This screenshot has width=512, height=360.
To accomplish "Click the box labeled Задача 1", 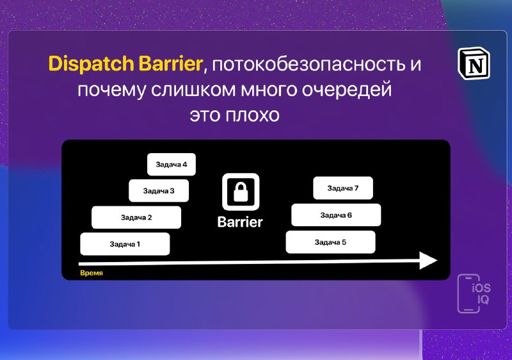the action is [x=125, y=243].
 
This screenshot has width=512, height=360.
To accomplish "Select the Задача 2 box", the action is [x=136, y=217].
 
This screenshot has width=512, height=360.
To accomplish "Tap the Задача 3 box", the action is [x=159, y=190].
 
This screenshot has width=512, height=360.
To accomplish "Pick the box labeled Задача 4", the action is [x=172, y=165].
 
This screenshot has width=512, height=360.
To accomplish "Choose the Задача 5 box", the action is [x=330, y=242].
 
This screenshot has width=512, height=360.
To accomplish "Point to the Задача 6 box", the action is [x=336, y=215].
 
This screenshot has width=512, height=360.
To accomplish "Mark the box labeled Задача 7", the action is [x=343, y=188].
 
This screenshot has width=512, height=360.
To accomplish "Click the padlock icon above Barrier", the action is [x=241, y=192].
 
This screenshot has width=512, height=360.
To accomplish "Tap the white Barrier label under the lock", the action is [x=240, y=222].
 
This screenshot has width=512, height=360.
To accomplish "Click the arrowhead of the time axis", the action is [x=428, y=260].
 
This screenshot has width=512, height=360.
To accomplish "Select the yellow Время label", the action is [x=92, y=273].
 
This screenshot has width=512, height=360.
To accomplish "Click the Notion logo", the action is [x=474, y=63].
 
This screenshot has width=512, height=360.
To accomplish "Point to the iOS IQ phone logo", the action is [x=474, y=293].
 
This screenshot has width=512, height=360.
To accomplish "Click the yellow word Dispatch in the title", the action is [x=91, y=63].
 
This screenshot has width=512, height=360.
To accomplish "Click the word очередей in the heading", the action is [x=346, y=90].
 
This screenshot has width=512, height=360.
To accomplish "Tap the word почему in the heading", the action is [x=111, y=90].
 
